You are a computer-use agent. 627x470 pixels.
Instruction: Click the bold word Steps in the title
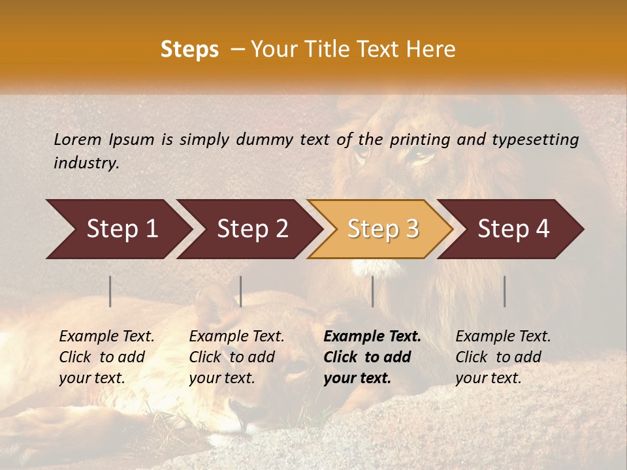(189, 50)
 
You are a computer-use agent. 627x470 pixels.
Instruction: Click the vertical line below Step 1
(110, 291)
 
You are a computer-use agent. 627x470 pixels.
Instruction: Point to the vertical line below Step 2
(241, 291)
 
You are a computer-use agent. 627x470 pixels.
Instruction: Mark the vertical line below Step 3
(372, 291)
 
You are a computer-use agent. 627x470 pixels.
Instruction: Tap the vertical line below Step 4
(504, 291)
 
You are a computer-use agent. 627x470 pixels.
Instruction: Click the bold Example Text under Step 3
(372, 336)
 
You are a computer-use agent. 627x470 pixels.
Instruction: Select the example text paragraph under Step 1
(106, 357)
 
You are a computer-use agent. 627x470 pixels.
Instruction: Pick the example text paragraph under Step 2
(236, 357)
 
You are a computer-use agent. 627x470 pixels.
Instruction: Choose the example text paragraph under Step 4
(503, 357)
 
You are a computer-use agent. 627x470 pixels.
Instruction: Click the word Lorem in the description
(78, 139)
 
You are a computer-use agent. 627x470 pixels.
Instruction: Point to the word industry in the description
(86, 163)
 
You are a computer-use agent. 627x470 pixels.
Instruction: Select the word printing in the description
(420, 139)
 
